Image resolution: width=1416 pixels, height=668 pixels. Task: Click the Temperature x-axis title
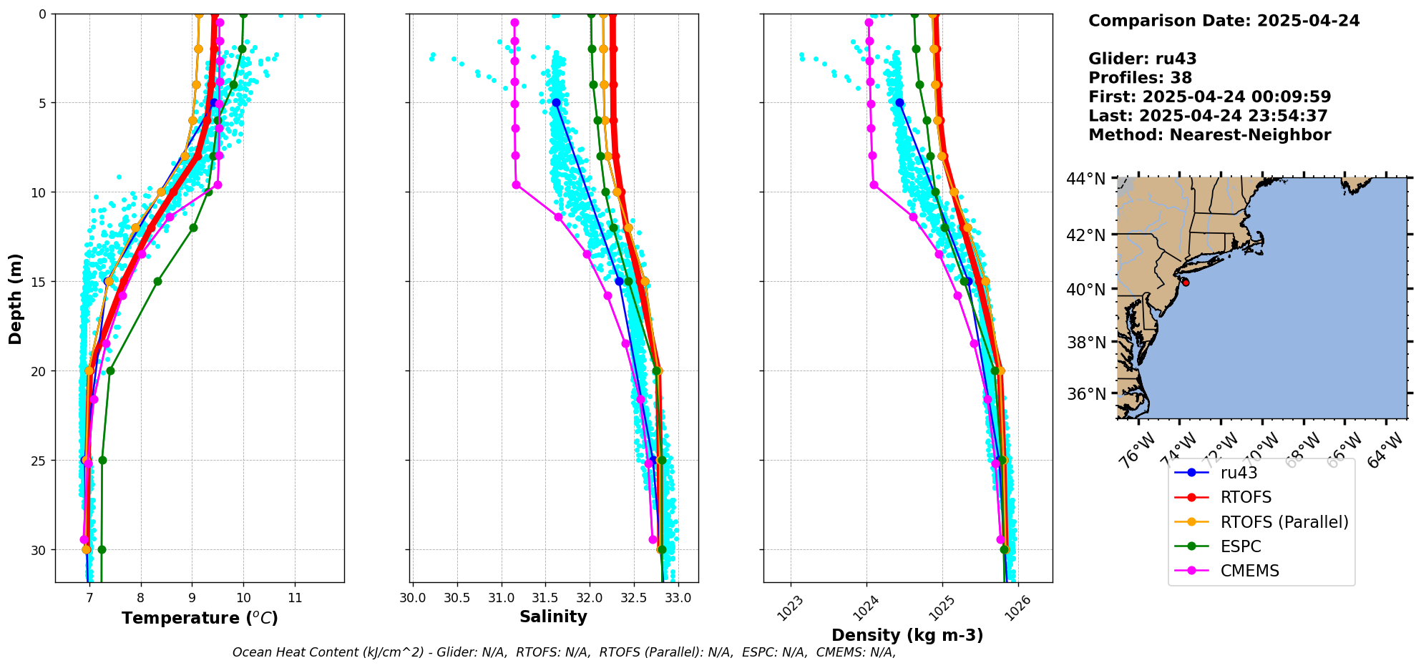(x=200, y=618)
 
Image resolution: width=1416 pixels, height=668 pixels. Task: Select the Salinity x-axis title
(x=553, y=617)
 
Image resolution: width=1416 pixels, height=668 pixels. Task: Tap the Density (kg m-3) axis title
(x=907, y=635)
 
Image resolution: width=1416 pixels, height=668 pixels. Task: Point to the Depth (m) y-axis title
(x=16, y=298)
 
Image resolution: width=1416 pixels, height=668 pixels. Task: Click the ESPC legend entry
(x=1241, y=546)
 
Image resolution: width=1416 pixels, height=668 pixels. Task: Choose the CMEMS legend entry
(x=1249, y=571)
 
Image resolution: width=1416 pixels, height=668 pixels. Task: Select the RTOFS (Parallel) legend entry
(x=1284, y=522)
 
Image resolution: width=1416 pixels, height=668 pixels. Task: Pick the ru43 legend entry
(x=1239, y=473)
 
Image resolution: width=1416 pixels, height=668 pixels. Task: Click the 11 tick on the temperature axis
(x=295, y=597)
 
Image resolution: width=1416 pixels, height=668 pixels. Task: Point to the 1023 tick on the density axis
(x=790, y=609)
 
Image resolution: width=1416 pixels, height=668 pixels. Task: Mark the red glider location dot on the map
(x=1186, y=283)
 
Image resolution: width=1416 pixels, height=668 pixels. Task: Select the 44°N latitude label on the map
(x=1086, y=179)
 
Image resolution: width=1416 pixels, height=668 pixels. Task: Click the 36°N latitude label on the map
(x=1086, y=394)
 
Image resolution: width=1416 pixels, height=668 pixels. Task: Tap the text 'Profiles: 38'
(x=1140, y=78)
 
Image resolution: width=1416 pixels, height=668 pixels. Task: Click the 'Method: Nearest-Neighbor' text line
(x=1209, y=135)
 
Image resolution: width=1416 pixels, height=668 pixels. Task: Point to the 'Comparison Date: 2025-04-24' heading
(x=1224, y=21)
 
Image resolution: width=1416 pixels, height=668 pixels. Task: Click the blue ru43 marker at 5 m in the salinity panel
(x=556, y=103)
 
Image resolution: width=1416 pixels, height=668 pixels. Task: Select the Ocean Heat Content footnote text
(x=564, y=652)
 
